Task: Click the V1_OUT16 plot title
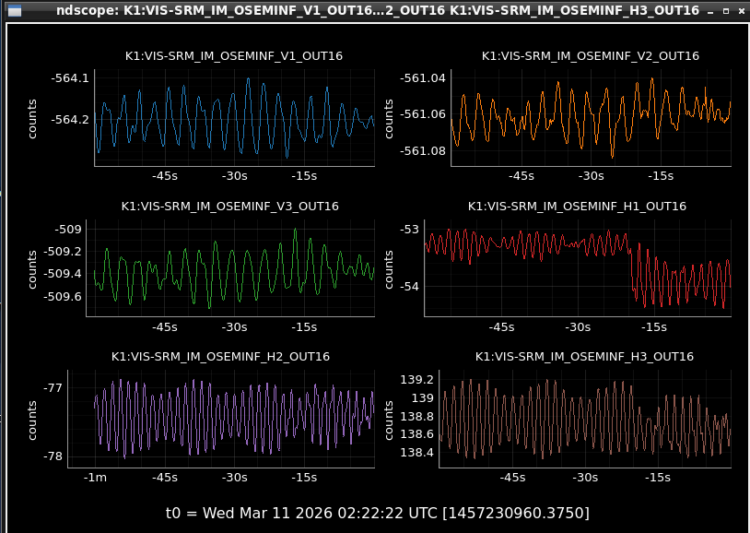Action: [x=233, y=56]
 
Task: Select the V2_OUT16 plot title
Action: [x=591, y=56]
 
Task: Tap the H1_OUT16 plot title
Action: [x=577, y=207]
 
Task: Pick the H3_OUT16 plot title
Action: [x=584, y=357]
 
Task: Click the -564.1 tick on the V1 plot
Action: [x=70, y=78]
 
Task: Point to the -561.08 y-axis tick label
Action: [x=422, y=151]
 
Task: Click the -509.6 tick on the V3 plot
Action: [x=62, y=296]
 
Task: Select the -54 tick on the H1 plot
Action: [x=409, y=287]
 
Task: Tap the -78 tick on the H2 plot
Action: [x=53, y=456]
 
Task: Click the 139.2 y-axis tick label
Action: [x=416, y=380]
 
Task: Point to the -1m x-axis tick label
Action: [x=95, y=478]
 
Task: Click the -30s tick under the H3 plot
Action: [x=585, y=478]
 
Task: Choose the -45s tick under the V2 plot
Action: [x=521, y=176]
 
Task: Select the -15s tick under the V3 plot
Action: [x=304, y=327]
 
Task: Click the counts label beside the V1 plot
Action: [x=32, y=119]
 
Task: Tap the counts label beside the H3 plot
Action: [x=389, y=420]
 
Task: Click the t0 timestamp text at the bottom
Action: [x=378, y=513]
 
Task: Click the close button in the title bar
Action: [x=742, y=10]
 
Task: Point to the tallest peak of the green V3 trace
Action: [x=296, y=230]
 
